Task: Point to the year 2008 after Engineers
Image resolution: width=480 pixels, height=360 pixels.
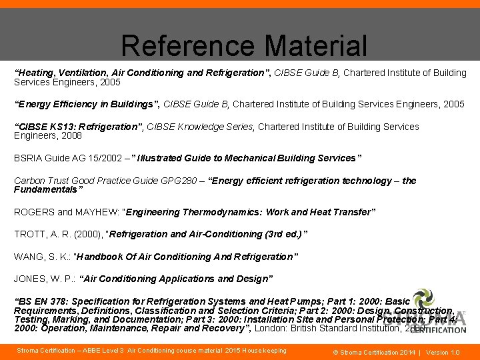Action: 70,136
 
